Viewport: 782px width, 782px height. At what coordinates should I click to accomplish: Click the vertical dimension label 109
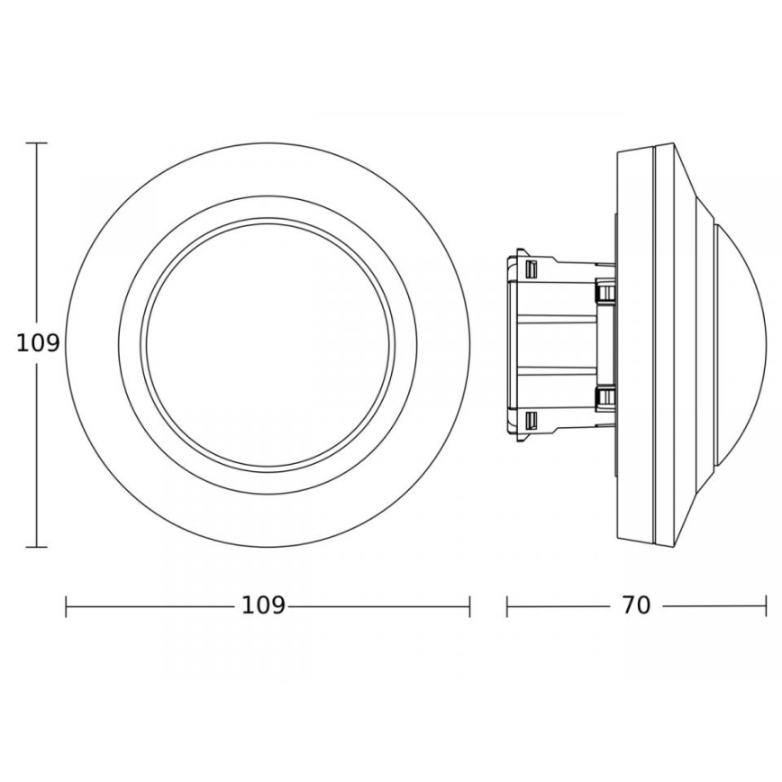[x=38, y=343]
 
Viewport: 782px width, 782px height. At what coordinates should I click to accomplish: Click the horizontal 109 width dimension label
[x=263, y=606]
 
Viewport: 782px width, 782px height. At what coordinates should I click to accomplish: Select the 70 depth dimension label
[x=635, y=606]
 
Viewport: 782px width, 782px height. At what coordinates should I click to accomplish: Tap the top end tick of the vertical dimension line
[x=37, y=143]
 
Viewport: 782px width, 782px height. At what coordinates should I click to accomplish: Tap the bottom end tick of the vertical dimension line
[x=37, y=547]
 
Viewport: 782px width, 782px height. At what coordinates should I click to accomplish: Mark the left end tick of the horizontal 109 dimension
[x=67, y=606]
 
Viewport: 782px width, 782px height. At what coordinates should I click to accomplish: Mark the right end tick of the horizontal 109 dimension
[x=469, y=606]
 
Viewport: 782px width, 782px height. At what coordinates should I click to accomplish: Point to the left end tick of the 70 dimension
[x=507, y=606]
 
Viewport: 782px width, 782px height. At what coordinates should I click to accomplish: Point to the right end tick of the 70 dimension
[x=767, y=606]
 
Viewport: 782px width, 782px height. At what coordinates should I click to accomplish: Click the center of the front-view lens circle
[x=268, y=345]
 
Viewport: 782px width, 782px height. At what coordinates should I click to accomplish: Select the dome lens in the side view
[x=743, y=344]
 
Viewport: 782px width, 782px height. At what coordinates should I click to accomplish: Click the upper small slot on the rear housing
[x=532, y=269]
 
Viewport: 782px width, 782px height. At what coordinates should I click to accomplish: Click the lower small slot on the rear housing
[x=532, y=420]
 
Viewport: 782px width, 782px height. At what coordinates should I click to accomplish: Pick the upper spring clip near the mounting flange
[x=605, y=291]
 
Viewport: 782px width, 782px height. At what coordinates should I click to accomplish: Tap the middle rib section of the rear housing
[x=559, y=344]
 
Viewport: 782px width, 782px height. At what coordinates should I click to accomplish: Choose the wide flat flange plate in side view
[x=634, y=344]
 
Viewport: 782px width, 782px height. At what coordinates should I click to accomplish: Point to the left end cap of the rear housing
[x=511, y=344]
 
